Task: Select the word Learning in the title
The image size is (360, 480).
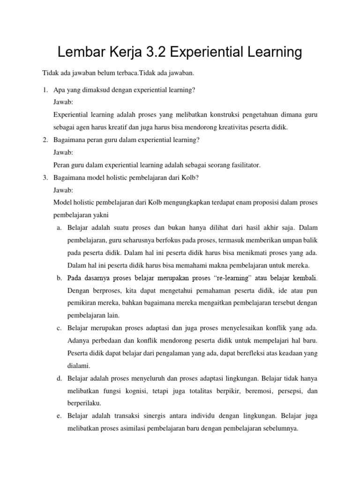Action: pos(272,52)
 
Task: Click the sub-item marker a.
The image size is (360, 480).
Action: pos(59,228)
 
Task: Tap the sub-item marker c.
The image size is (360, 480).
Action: pos(59,327)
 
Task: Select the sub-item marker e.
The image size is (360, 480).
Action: pos(59,415)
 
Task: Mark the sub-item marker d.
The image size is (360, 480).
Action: pos(59,377)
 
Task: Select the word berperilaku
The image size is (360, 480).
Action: pos(84,403)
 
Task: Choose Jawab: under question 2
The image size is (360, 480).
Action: pos(64,153)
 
